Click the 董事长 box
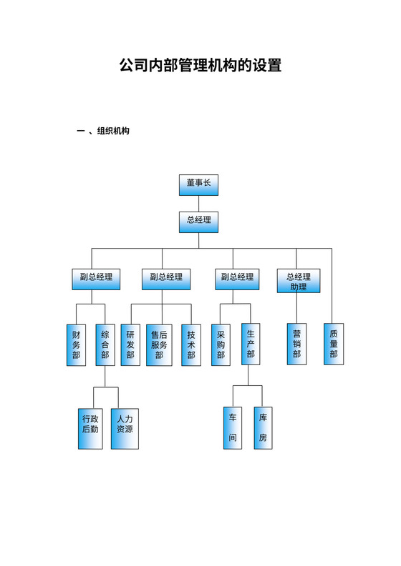click(198, 184)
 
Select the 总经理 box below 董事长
click(198, 222)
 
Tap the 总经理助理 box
click(298, 281)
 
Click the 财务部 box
click(76, 344)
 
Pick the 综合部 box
click(105, 344)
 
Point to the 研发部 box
click(130, 344)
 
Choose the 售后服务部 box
click(159, 344)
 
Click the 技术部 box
click(191, 344)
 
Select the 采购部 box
click(221, 344)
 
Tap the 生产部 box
click(250, 344)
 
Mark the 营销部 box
click(296, 344)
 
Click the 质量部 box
click(333, 344)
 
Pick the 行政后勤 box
click(90, 427)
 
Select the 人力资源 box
click(125, 427)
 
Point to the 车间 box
click(232, 427)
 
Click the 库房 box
click(263, 427)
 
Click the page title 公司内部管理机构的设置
click(200, 66)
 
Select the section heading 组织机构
click(113, 131)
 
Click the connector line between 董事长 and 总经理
click(198, 204)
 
